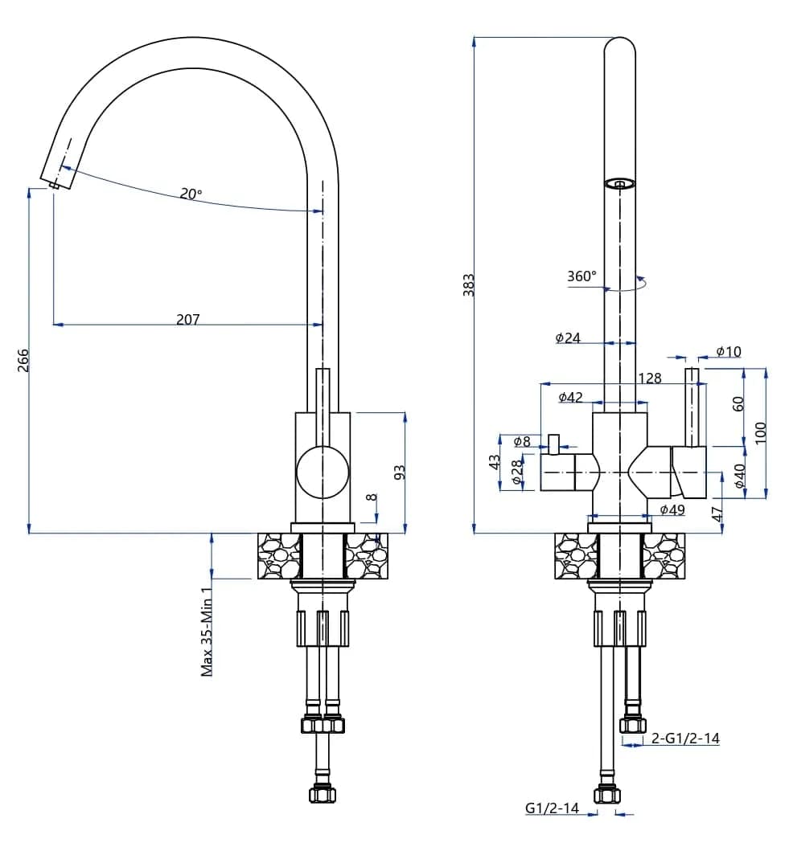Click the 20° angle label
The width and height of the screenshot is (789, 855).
point(191,194)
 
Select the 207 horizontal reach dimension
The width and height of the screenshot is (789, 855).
point(187,319)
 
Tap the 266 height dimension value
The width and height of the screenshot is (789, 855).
point(23,361)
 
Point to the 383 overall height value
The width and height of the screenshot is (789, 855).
point(469,285)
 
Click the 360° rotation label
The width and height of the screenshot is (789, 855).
point(581,276)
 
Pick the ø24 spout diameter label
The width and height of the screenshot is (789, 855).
point(568,338)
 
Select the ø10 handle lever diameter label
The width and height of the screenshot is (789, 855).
point(729,351)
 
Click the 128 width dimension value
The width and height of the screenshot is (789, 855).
point(649,378)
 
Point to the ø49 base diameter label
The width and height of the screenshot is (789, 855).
point(672,509)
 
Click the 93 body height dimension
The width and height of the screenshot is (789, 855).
point(400,472)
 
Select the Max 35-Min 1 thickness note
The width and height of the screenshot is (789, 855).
point(207,632)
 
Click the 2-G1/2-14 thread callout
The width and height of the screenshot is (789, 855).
point(684,738)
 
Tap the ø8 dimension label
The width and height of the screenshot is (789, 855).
point(521,440)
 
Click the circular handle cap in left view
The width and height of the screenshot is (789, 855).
point(323,471)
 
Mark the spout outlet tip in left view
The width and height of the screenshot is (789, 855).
point(54,184)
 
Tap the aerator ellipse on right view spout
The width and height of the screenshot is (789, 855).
point(619,184)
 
